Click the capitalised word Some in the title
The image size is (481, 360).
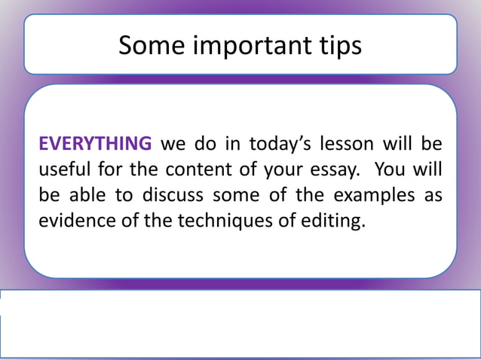pyautogui.click(x=146, y=47)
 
